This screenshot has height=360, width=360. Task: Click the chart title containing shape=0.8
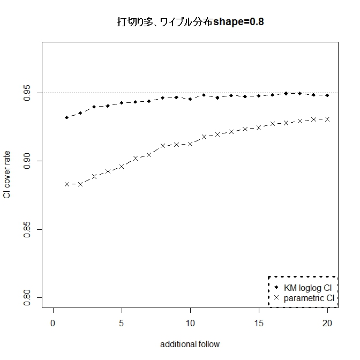point(190,22)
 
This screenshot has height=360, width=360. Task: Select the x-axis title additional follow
point(190,344)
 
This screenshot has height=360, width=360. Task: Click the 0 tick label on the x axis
point(53,324)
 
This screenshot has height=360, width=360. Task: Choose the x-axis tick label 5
point(122,324)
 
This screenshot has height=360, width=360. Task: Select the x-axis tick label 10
point(190,324)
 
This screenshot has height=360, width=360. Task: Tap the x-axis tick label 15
point(258,324)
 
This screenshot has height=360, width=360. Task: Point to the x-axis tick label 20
point(327,324)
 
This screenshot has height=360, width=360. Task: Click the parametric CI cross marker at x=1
point(67,184)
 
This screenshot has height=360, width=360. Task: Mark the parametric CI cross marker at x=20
point(327,119)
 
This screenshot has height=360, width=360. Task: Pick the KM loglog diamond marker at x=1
point(67,117)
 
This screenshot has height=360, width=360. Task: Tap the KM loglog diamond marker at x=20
point(327,95)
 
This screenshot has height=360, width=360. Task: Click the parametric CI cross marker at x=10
point(190,144)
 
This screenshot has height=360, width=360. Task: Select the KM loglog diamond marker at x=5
point(122,103)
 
